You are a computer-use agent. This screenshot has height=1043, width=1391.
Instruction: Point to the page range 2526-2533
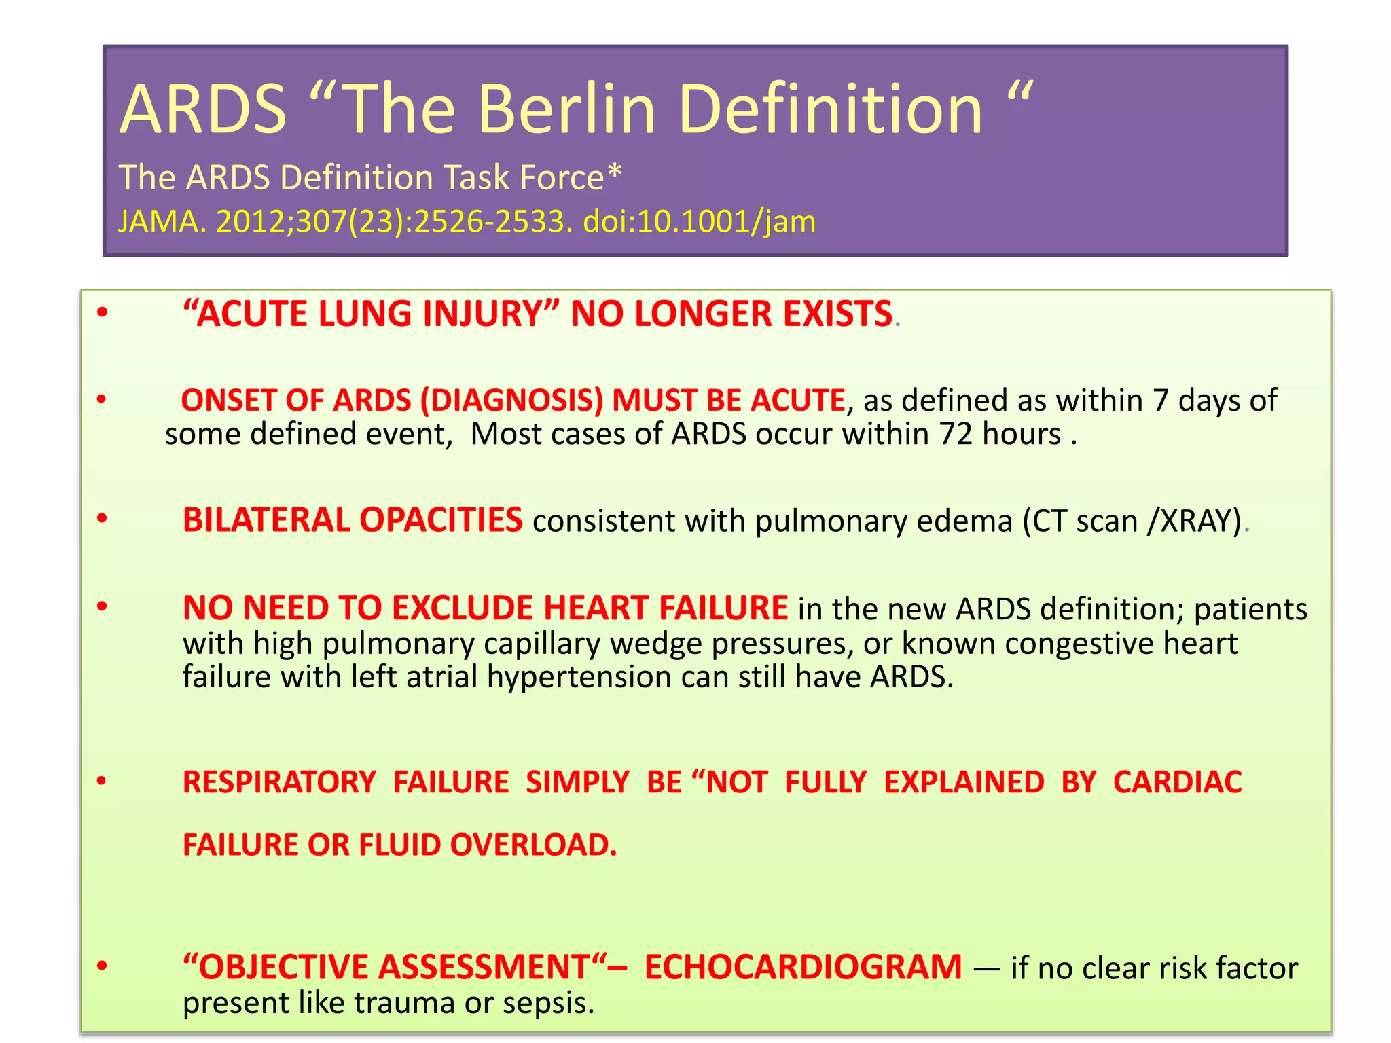coord(489,221)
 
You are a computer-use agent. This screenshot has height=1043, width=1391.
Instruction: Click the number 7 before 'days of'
coord(1161,400)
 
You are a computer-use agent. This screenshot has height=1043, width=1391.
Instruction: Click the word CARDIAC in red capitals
coord(1177,782)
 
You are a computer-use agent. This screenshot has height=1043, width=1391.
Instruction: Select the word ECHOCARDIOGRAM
coord(803,967)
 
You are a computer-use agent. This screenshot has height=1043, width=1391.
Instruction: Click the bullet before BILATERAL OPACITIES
coord(103,519)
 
